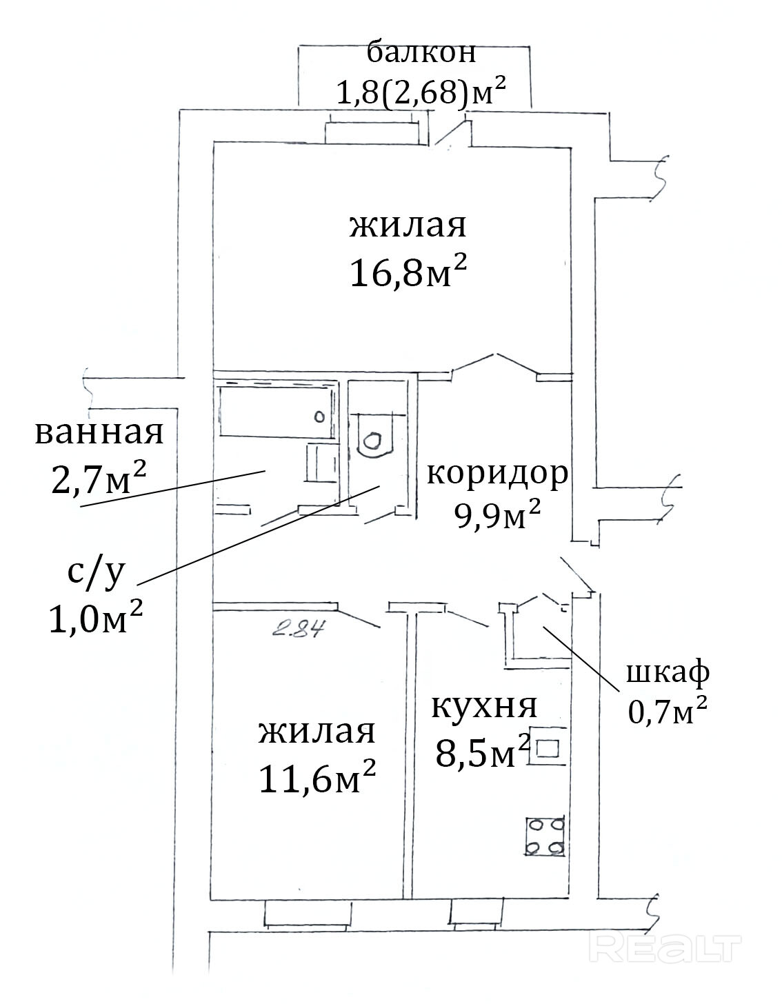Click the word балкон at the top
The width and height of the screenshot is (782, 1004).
(x=421, y=52)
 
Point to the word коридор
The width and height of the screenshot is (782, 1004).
(x=497, y=474)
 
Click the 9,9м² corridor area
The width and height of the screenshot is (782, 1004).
(x=497, y=514)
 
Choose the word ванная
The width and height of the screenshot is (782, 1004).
(x=99, y=433)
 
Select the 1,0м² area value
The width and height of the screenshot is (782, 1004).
(x=95, y=617)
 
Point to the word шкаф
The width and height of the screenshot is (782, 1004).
(x=668, y=674)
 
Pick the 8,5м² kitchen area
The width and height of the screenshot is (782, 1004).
(x=482, y=751)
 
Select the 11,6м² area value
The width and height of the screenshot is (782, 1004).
(x=317, y=777)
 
